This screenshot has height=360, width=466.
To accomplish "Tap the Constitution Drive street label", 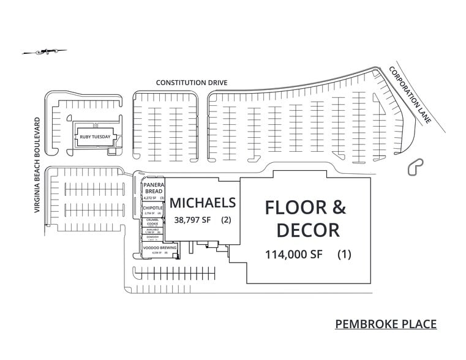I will pyautogui.click(x=192, y=82).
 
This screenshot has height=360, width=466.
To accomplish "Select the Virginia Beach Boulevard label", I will pyautogui.click(x=37, y=165).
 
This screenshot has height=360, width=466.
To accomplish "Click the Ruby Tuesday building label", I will pyautogui.click(x=95, y=137).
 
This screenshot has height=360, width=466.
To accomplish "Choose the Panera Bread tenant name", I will pyautogui.click(x=152, y=188).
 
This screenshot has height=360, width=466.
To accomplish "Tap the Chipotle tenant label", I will pyautogui.click(x=152, y=208).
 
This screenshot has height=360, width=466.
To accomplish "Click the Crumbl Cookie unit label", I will pyautogui.click(x=152, y=222).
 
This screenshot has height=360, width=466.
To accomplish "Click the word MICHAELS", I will pyautogui.click(x=202, y=203).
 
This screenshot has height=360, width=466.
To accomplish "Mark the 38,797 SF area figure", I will pyautogui.click(x=192, y=220).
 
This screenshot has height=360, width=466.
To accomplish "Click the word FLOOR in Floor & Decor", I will pyautogui.click(x=293, y=208).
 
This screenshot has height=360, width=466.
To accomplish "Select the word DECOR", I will pyautogui.click(x=307, y=230).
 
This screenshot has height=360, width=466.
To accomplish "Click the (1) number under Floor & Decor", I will pyautogui.click(x=344, y=255).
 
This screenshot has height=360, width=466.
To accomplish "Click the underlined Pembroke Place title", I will pyautogui.click(x=386, y=323).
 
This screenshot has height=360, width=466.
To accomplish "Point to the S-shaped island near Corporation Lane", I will pyautogui.click(x=416, y=167).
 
